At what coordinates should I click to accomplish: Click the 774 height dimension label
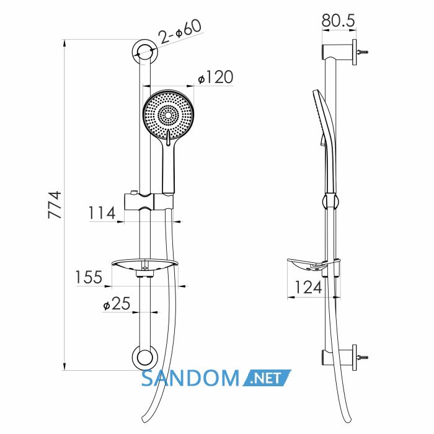(55, 205)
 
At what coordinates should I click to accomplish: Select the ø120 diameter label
(216, 77)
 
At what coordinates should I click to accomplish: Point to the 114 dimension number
(102, 213)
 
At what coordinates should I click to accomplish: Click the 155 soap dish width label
(89, 277)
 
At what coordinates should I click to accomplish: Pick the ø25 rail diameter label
(117, 303)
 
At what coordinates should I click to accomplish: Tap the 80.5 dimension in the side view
(339, 20)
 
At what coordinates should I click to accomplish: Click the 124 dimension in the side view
(308, 287)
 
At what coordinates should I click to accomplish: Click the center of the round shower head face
(168, 115)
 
